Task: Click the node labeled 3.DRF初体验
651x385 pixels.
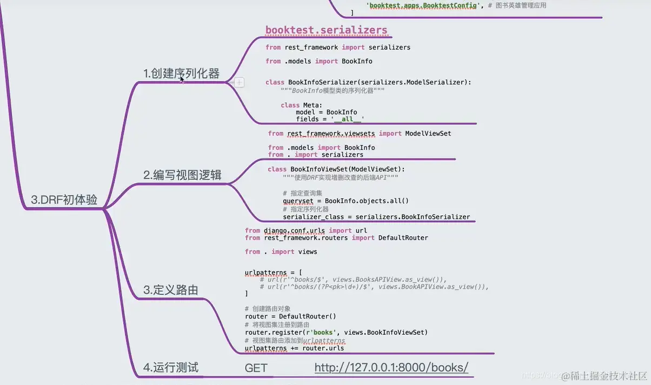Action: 64,200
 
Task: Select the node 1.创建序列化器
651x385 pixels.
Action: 181,74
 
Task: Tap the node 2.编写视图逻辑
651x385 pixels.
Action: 182,175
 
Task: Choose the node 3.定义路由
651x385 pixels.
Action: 170,290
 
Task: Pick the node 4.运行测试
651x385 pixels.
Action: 170,368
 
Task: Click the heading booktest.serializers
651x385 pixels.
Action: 326,30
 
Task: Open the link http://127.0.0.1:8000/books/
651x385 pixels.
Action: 391,368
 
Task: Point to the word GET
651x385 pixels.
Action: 256,368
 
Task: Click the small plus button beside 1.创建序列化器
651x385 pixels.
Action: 238,83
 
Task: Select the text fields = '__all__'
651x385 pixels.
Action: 330,119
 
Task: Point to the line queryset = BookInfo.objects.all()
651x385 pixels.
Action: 346,201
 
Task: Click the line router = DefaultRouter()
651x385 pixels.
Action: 290,316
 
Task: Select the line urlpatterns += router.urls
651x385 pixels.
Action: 294,348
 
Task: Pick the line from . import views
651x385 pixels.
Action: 281,251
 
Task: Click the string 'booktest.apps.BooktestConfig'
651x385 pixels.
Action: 423,5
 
